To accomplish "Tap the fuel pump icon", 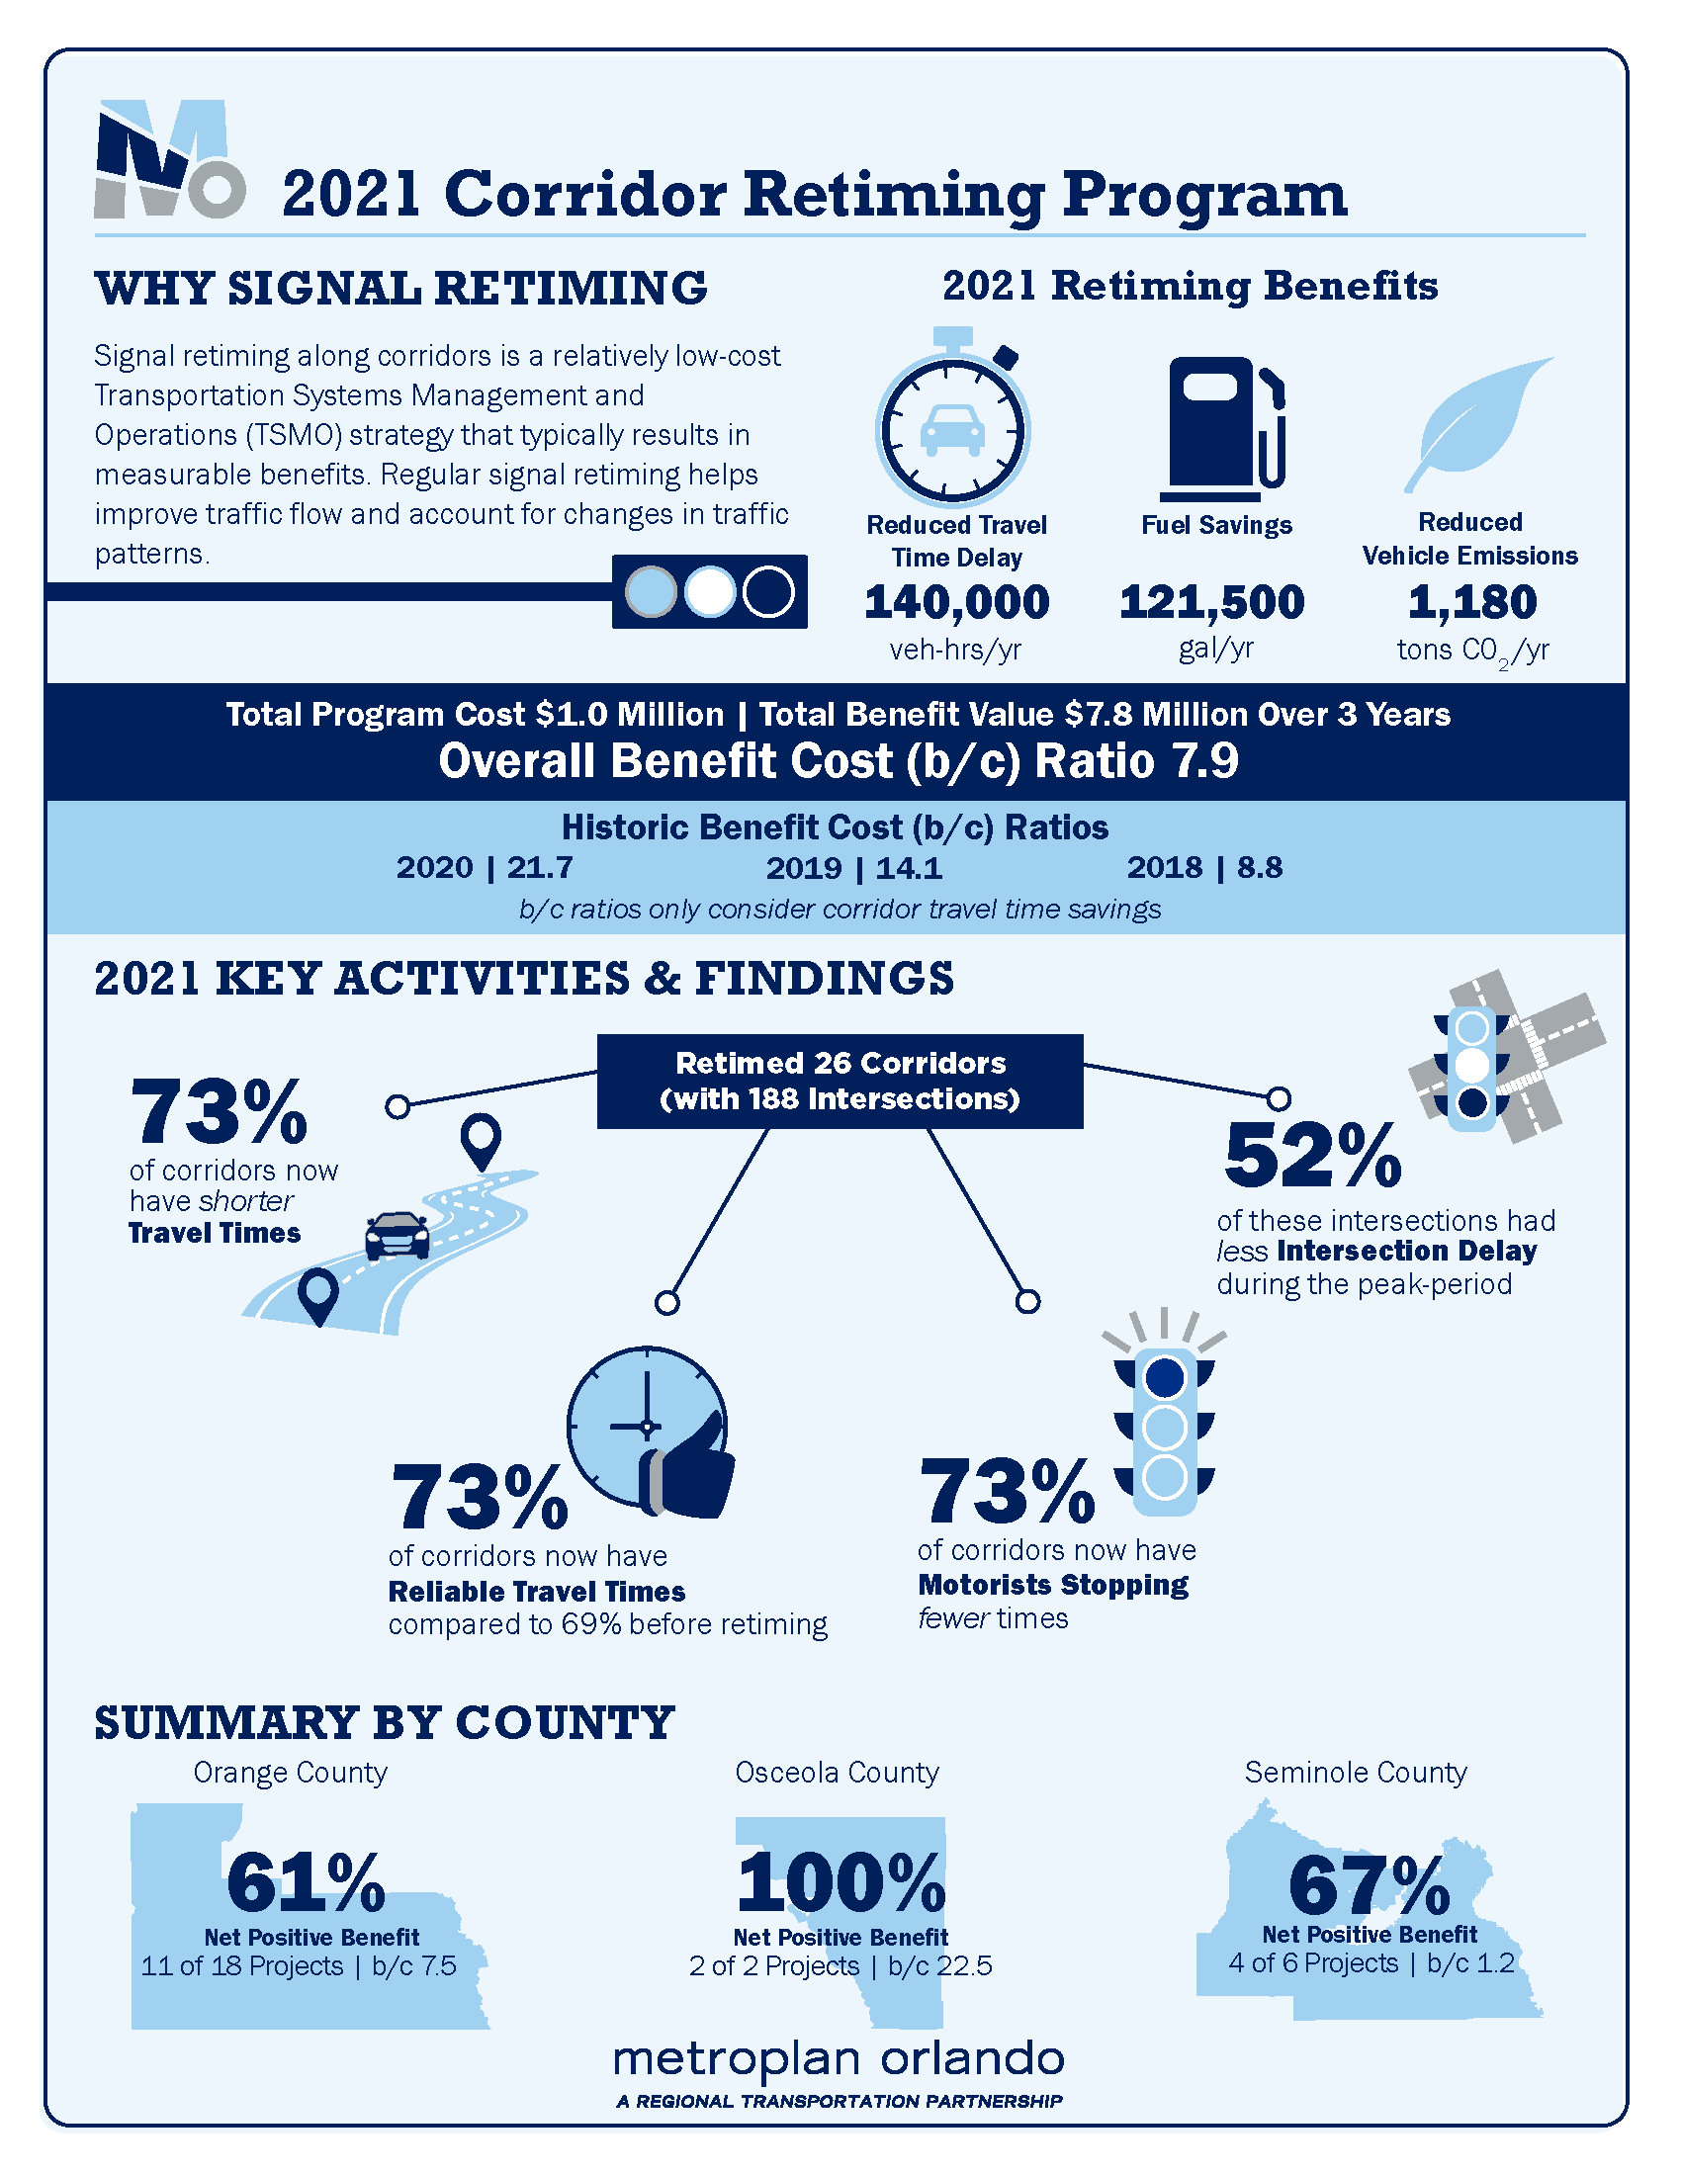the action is (1223, 428).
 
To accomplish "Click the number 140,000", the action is (957, 602).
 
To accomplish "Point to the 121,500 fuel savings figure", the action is (1212, 602).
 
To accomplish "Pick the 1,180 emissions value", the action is (1472, 602).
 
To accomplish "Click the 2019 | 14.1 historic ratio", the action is (853, 868).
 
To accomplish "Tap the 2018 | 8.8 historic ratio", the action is (1205, 868).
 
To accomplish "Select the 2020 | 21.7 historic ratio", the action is (485, 868).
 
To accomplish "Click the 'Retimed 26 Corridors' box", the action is (840, 1081).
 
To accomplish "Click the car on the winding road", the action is (398, 1235).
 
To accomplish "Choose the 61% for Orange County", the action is (306, 1882).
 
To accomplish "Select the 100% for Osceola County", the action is (841, 1882).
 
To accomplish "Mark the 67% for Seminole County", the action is (1370, 1885).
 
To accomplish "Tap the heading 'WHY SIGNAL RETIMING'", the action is (401, 289).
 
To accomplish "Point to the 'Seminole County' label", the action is (1356, 1772).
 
